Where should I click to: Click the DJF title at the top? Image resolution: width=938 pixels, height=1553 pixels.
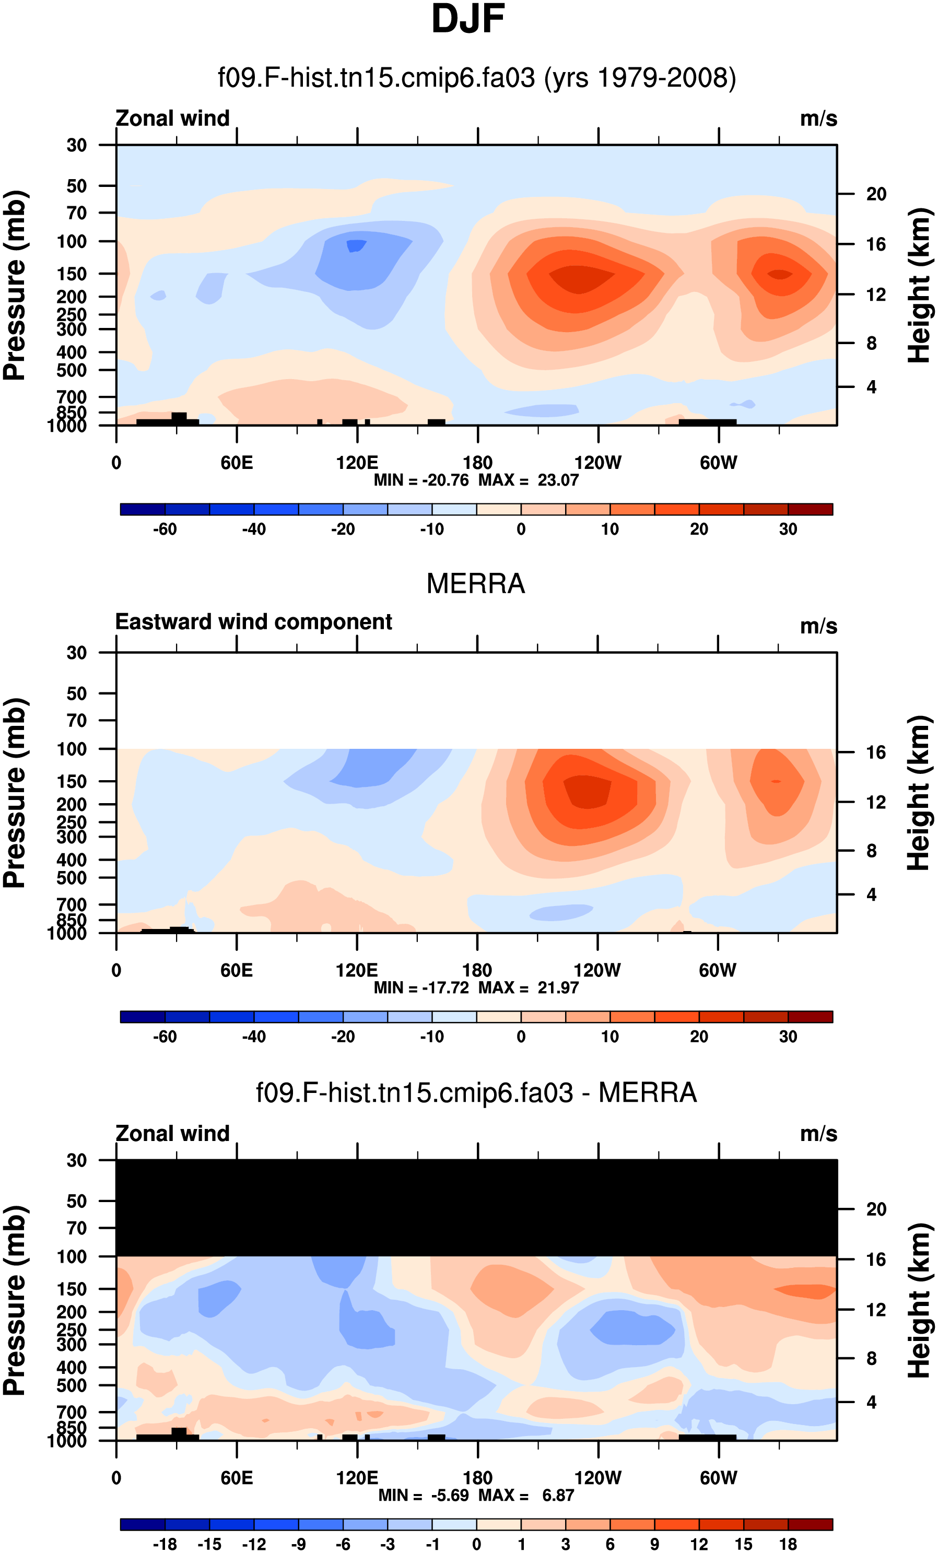coord(468,19)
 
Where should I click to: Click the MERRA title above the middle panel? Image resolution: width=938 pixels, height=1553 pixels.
coord(475,584)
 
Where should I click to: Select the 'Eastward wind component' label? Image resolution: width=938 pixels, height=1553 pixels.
coord(253,622)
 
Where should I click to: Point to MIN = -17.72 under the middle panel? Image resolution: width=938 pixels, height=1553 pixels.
coord(421,987)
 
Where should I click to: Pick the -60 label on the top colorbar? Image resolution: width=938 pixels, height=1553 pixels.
coord(165,530)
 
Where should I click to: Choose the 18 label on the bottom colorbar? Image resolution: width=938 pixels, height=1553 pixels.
coord(788,1544)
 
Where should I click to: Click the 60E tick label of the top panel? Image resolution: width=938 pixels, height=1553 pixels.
coord(237,463)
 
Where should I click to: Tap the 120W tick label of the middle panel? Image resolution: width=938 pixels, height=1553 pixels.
coord(597,971)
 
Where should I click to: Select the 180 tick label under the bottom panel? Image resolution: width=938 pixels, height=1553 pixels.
coord(477,1478)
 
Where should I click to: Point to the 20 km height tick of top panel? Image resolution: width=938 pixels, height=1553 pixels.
coord(876,194)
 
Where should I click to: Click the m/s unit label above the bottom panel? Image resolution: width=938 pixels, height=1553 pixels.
coord(818,1134)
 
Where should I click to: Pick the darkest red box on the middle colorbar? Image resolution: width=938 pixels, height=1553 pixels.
coord(810,1017)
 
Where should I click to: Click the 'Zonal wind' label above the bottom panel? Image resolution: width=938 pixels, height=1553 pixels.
coord(172,1133)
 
